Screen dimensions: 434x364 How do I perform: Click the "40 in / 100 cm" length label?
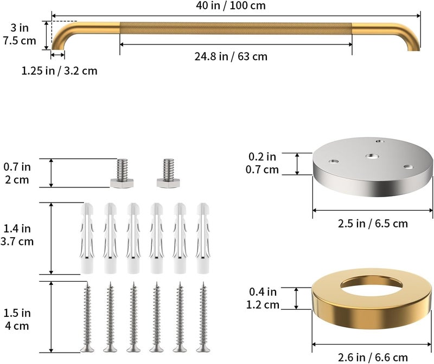(231, 5)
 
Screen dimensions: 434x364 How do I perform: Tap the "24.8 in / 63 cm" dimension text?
(231, 56)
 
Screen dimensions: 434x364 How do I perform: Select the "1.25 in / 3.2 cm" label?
(60, 71)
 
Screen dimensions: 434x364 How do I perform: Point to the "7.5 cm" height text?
(20, 41)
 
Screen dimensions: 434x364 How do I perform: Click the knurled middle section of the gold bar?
(235, 29)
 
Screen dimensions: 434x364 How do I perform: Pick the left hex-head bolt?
(122, 173)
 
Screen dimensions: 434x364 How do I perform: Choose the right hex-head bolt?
(168, 173)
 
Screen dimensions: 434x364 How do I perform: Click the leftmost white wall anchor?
(87, 238)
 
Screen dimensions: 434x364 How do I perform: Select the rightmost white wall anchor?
(203, 238)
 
